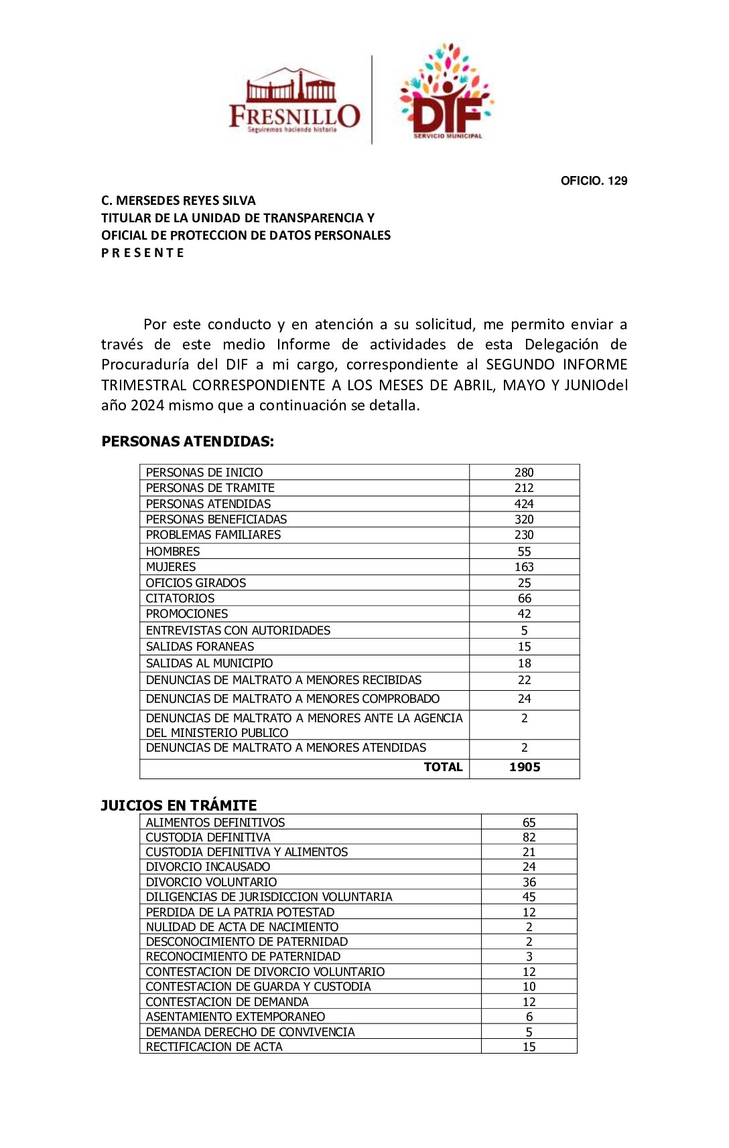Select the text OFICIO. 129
click(594, 181)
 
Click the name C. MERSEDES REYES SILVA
click(178, 201)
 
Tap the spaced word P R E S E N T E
click(142, 253)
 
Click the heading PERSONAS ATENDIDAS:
click(188, 442)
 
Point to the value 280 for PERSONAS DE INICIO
click(524, 473)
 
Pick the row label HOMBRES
click(173, 552)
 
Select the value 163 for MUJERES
click(524, 567)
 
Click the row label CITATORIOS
click(180, 598)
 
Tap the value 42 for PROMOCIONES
click(524, 614)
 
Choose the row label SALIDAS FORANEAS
click(200, 647)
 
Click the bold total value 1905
click(525, 767)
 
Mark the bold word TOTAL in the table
click(443, 767)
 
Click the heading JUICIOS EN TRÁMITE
click(179, 805)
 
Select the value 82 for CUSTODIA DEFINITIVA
click(529, 837)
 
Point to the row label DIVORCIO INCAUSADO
click(208, 867)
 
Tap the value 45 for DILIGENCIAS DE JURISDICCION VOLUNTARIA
click(529, 897)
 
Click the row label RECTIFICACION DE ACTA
click(214, 1047)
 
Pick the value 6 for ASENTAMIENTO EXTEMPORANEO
click(529, 1017)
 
